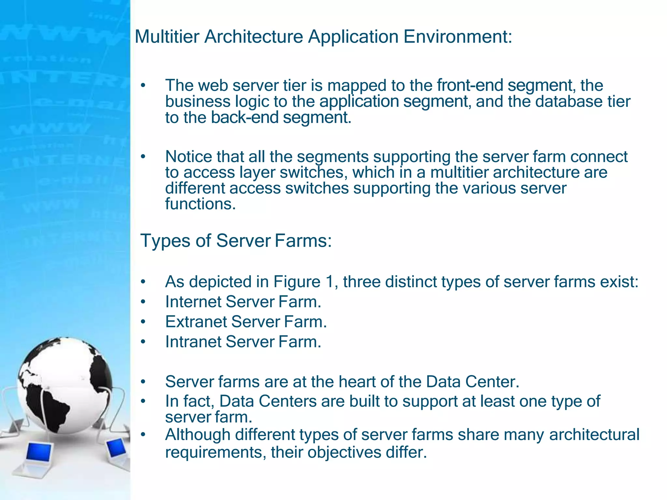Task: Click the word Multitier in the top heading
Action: pyautogui.click(x=167, y=36)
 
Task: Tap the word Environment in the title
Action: pyautogui.click(x=458, y=36)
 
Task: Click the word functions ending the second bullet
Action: pyautogui.click(x=200, y=204)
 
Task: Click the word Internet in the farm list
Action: pyautogui.click(x=193, y=302)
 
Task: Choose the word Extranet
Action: pyautogui.click(x=196, y=322)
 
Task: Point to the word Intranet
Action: pyautogui.click(x=193, y=342)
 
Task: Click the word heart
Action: pyautogui.click(x=358, y=382)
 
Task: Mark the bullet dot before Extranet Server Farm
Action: pyautogui.click(x=143, y=322)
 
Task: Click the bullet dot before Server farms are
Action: pyautogui.click(x=143, y=382)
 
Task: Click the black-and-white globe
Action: pyautogui.click(x=65, y=384)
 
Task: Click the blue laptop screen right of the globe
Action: pyautogui.click(x=116, y=448)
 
